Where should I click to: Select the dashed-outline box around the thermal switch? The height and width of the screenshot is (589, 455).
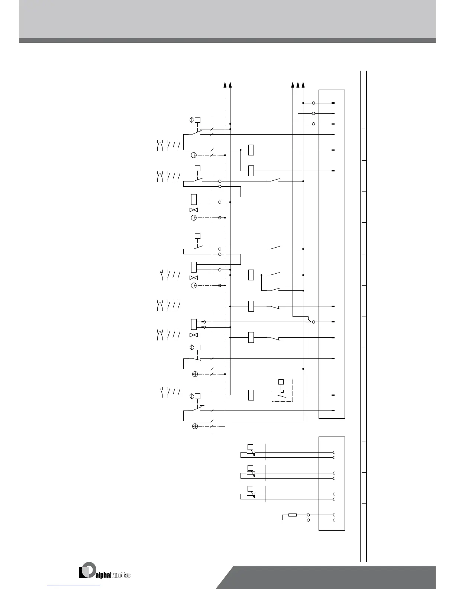282,390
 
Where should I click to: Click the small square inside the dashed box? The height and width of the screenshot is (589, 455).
281,382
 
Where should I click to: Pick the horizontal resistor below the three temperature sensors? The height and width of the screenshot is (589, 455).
293,515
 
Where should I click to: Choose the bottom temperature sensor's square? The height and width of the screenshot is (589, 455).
251,488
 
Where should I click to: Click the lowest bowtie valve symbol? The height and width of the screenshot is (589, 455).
194,335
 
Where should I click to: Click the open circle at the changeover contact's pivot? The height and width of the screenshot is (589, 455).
313,322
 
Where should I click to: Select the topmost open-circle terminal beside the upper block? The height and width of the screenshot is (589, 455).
313,103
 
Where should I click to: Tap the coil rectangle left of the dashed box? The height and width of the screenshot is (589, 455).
251,395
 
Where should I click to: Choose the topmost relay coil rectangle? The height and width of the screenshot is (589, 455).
251,150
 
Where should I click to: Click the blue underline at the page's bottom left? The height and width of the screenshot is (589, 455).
74,586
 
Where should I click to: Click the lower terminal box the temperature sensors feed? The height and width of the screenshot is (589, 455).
332,483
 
